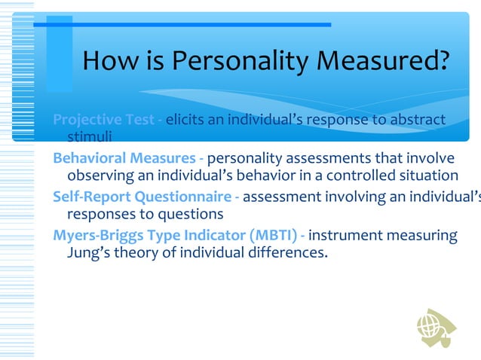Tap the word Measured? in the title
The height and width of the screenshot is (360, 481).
pos(388,63)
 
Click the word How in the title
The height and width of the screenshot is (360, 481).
pos(109,63)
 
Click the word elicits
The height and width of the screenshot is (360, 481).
pos(185,120)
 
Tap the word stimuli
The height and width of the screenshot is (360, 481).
pos(90,137)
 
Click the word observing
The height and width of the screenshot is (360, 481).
pos(101,176)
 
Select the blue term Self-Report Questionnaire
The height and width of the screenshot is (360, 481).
pos(141,197)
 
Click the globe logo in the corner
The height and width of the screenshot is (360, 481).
pos(435,327)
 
